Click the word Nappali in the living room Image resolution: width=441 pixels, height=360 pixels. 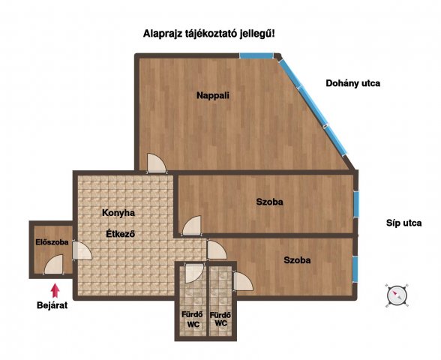coord(212,96)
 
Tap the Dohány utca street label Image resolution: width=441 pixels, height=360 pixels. coord(352,83)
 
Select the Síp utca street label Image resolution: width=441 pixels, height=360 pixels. coord(403,223)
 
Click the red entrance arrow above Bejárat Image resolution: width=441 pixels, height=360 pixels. coord(53,289)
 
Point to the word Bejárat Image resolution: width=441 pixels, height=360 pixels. coord(52,305)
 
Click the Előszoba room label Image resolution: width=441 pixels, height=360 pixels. coord(52,242)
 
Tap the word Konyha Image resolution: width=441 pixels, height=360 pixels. coord(118,213)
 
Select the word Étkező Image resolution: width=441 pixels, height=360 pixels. coord(118,233)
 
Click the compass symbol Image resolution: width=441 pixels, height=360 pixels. coord(397,295)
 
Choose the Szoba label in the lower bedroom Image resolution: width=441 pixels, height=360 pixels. coord(297,260)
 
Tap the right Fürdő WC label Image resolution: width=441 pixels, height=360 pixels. coord(220,319)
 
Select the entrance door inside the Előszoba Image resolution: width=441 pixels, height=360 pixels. coord(53,265)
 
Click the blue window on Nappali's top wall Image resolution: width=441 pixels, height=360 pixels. coord(256,56)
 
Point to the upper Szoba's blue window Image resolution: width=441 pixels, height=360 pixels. coord(356,202)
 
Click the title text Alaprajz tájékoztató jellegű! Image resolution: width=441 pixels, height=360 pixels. coord(214,34)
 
